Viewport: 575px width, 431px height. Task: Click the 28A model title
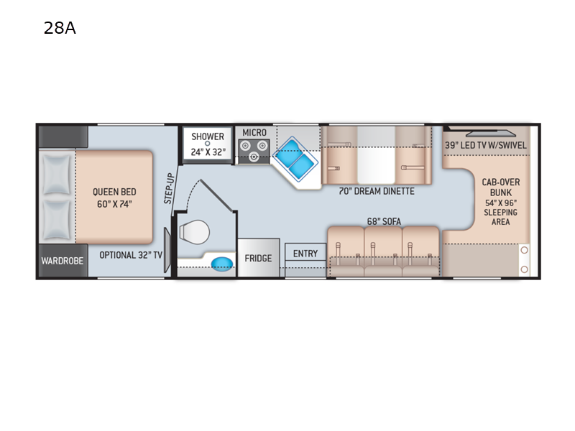pos(60,28)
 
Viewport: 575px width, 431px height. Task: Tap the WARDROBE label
pos(63,261)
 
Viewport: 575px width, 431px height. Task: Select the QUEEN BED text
pos(114,192)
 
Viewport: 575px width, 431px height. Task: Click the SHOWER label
pos(208,136)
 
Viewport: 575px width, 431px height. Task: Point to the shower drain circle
pos(207,144)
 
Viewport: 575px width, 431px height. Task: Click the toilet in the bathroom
pos(194,232)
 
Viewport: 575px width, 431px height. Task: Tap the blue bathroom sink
pos(222,264)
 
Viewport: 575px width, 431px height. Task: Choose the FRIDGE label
pos(258,259)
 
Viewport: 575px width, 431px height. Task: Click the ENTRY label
pos(305,254)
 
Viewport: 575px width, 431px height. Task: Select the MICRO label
pos(254,133)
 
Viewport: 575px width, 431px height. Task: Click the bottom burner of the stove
pos(254,157)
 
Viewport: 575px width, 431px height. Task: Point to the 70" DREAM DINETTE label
pos(377,191)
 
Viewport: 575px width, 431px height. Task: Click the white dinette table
pos(376,155)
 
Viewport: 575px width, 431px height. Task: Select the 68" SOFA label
pos(384,221)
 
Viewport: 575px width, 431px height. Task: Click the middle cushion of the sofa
pos(383,251)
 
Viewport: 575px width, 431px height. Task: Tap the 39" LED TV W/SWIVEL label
pos(486,145)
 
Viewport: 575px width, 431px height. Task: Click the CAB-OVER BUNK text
pos(500,187)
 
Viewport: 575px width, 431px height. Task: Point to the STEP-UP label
pos(169,188)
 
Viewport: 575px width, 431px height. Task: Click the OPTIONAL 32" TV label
pos(131,255)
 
